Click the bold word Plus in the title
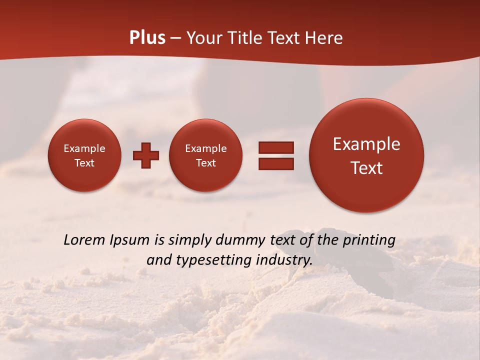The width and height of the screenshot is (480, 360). [147, 38]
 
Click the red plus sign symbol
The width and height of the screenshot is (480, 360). [146, 155]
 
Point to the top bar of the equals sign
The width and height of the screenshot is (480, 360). [275, 147]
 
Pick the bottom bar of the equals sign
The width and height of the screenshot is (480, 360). [275, 163]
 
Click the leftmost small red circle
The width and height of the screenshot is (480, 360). [84, 155]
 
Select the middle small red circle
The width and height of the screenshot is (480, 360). [205, 155]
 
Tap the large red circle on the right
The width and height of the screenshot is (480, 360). [366, 155]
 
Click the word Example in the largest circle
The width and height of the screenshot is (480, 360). [366, 144]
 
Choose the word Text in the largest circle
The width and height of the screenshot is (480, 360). [366, 168]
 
